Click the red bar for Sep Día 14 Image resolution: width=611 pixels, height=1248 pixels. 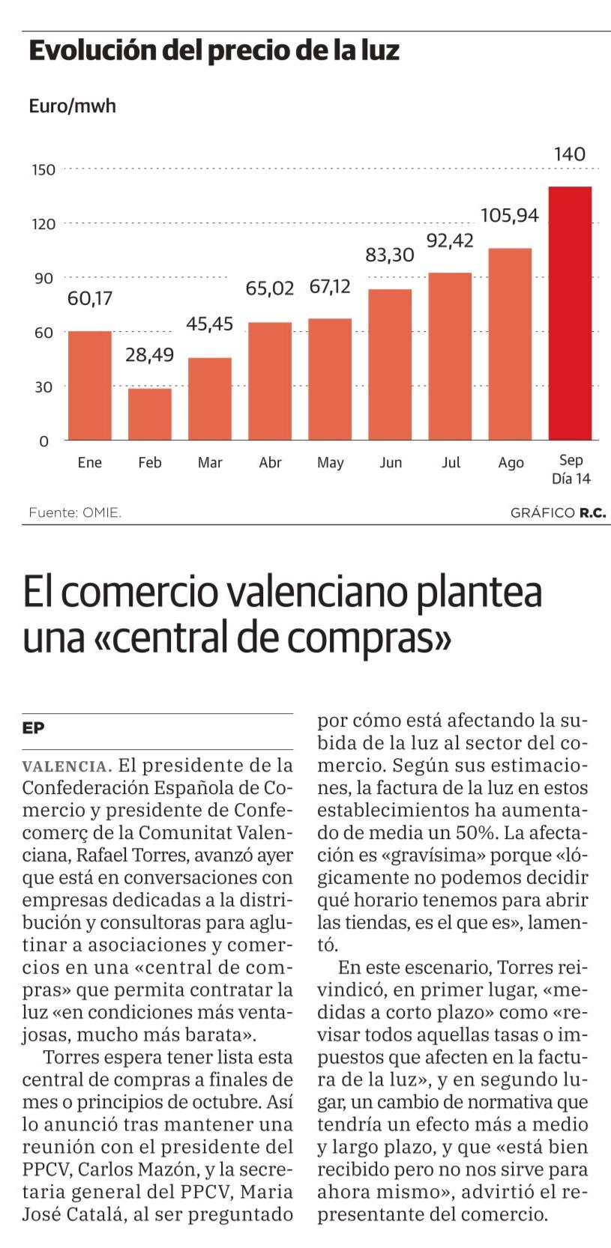click(x=570, y=312)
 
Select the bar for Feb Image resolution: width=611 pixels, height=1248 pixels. click(x=150, y=414)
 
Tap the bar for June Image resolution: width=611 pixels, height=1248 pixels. click(x=390, y=364)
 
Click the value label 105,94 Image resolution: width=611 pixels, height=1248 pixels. click(x=510, y=216)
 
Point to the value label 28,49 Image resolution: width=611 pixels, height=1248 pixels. click(x=149, y=354)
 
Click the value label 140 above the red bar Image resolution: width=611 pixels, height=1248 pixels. click(x=570, y=154)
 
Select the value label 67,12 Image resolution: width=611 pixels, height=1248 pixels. click(x=330, y=287)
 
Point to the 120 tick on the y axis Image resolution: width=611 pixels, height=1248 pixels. click(x=43, y=224)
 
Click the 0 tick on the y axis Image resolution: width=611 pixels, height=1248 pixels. click(x=43, y=442)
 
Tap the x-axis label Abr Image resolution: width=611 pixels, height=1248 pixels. click(x=270, y=463)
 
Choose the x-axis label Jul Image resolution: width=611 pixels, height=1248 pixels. click(x=451, y=463)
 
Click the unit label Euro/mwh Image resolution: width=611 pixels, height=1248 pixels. click(x=72, y=106)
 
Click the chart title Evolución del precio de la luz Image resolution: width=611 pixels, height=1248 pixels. click(x=214, y=51)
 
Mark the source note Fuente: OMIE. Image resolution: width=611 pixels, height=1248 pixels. click(x=75, y=513)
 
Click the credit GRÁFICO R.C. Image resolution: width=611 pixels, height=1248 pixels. click(x=558, y=513)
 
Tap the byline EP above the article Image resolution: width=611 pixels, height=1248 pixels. click(x=33, y=728)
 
